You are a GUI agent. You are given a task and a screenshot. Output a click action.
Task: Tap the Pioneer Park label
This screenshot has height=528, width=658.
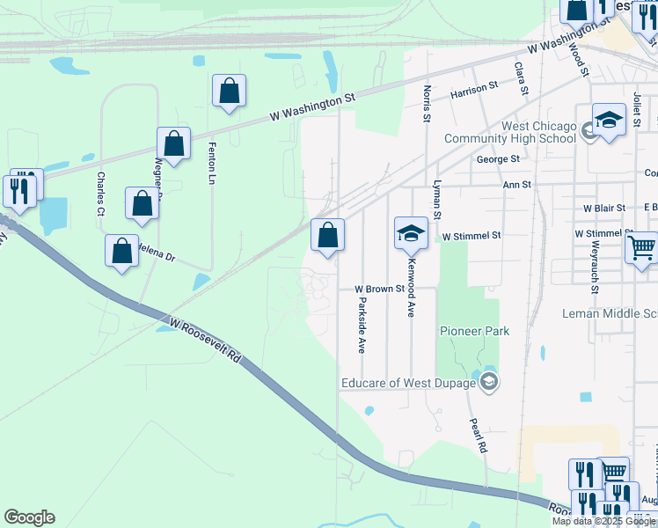(475, 331)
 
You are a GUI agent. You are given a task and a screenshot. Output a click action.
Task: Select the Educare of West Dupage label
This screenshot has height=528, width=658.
(410, 382)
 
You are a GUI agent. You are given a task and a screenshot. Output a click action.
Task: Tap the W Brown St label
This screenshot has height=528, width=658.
(379, 289)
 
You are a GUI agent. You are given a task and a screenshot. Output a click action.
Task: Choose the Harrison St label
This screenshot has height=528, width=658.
(474, 88)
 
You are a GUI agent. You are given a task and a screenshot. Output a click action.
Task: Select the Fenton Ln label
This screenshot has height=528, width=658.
(211, 164)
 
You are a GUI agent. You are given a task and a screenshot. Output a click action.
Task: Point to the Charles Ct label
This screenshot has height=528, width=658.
(100, 194)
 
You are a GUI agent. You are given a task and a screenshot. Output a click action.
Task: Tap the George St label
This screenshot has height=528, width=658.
(498, 159)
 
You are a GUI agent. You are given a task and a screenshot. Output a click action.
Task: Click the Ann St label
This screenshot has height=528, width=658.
(516, 185)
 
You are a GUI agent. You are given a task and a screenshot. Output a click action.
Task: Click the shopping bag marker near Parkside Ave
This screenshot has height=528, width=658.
(327, 236)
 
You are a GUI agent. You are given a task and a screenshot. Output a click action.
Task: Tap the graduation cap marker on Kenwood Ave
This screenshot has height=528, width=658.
(410, 234)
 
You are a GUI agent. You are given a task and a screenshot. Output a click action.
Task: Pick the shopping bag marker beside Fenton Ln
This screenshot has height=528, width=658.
(229, 91)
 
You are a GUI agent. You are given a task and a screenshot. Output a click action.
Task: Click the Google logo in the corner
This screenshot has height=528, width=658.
(29, 517)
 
